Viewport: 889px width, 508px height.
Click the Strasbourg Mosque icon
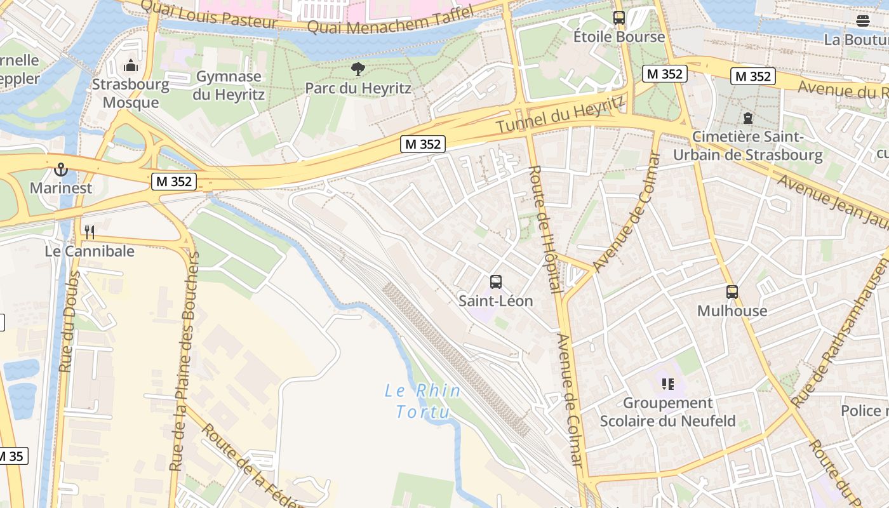[131, 65]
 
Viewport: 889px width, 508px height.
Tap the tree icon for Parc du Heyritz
[358, 69]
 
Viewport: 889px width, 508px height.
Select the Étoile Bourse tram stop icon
[619, 18]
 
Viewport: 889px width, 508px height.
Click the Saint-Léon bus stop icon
[496, 281]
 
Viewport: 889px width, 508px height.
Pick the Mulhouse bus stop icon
[732, 291]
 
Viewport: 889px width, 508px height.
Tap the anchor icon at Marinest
[61, 169]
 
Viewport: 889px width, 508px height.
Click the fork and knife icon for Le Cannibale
[90, 232]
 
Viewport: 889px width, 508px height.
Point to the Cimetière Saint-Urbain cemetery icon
[748, 118]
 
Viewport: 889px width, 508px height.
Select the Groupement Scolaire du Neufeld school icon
[667, 384]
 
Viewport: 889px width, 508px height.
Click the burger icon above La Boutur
[862, 21]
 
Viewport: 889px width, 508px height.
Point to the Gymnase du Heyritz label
[229, 86]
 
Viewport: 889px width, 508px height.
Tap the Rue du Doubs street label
[69, 322]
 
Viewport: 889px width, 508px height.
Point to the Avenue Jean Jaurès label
[832, 200]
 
